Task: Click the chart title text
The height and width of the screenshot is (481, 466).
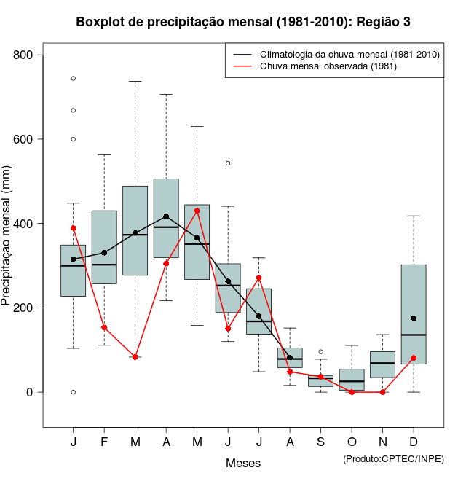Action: pos(243,22)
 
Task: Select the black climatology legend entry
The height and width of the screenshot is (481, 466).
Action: pos(349,54)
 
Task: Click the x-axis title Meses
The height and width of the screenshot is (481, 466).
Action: pos(243,463)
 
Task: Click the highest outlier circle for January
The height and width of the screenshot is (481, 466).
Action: pos(74,78)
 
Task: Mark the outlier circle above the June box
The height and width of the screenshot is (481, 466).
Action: pos(228,163)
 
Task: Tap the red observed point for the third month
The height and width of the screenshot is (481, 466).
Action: pos(135,357)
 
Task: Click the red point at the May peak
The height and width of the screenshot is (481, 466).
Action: pos(197,211)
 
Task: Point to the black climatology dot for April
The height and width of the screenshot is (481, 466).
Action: pos(166,216)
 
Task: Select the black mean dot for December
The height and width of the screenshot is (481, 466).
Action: pos(414,318)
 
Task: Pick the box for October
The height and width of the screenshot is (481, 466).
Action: pos(352,380)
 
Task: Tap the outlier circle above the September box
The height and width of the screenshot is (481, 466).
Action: pos(321,351)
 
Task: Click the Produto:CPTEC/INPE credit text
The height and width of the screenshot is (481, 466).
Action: pos(393,458)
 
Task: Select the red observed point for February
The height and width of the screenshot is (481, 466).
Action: pos(104,328)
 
